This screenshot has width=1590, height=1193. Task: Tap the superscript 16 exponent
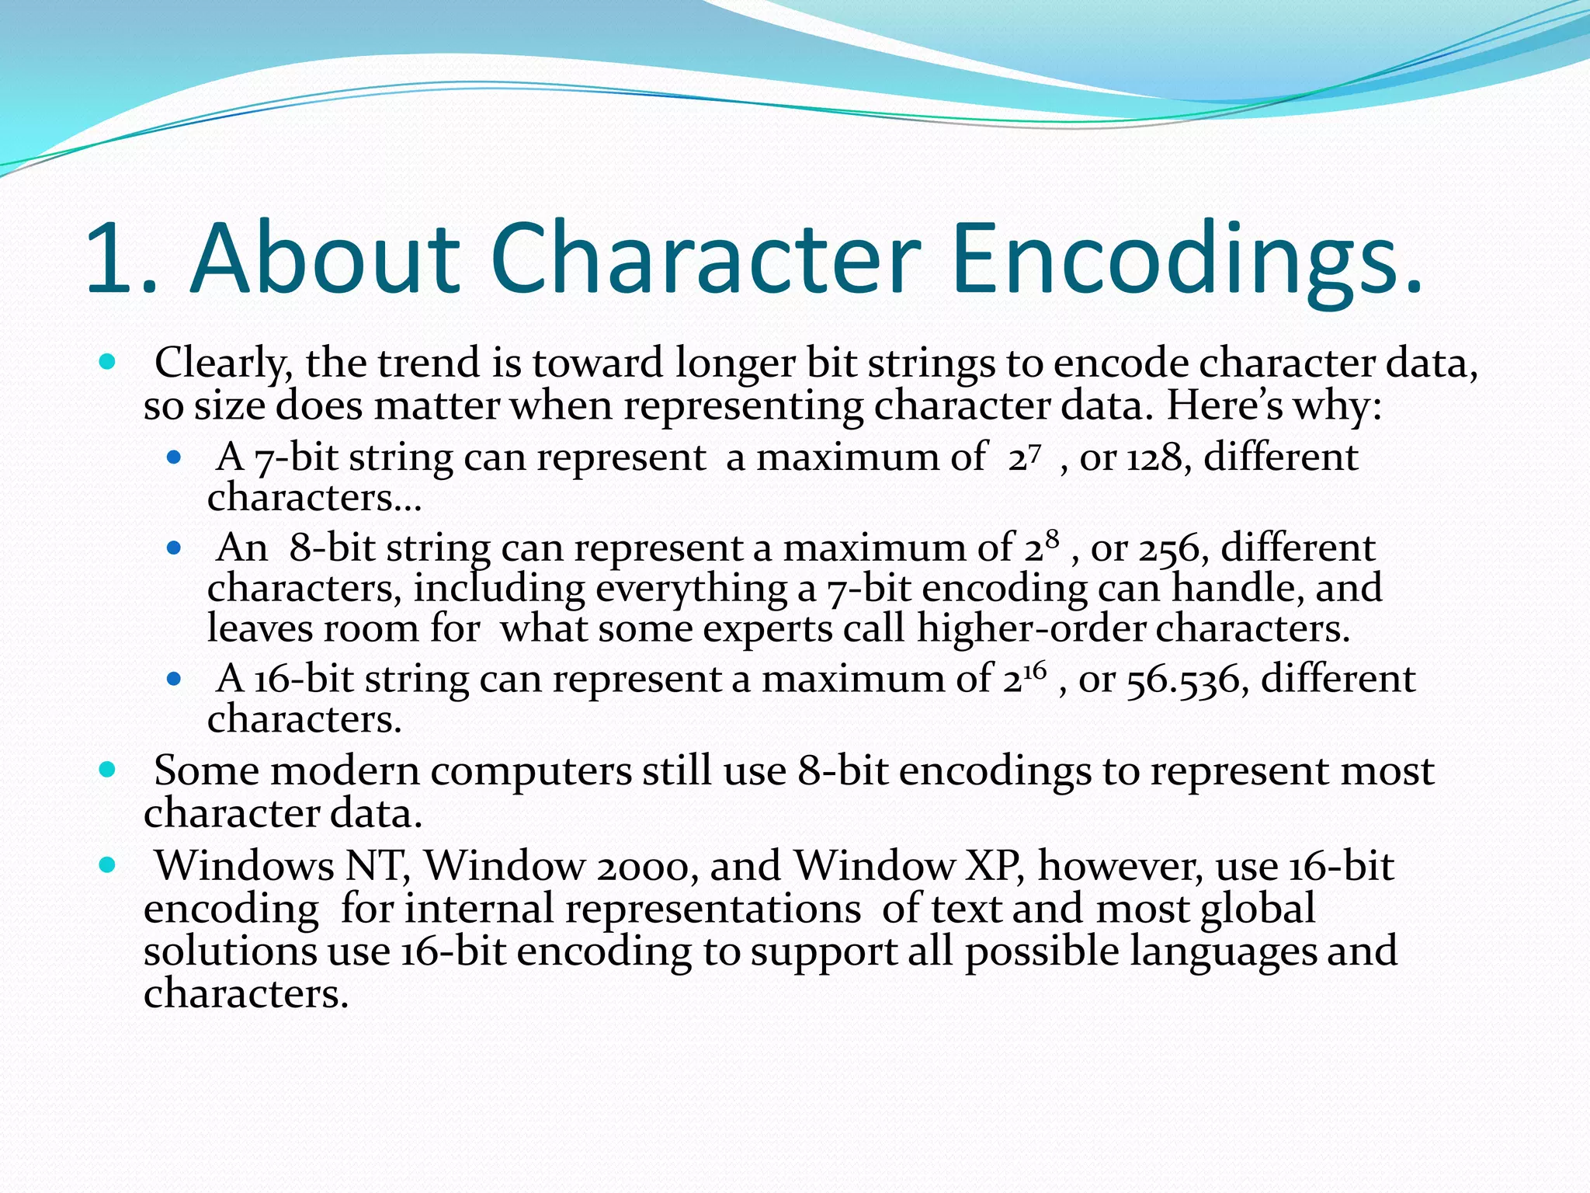tap(1035, 670)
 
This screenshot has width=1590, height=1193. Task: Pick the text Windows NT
tap(281, 866)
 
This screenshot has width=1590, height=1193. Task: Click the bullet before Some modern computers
tap(108, 770)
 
